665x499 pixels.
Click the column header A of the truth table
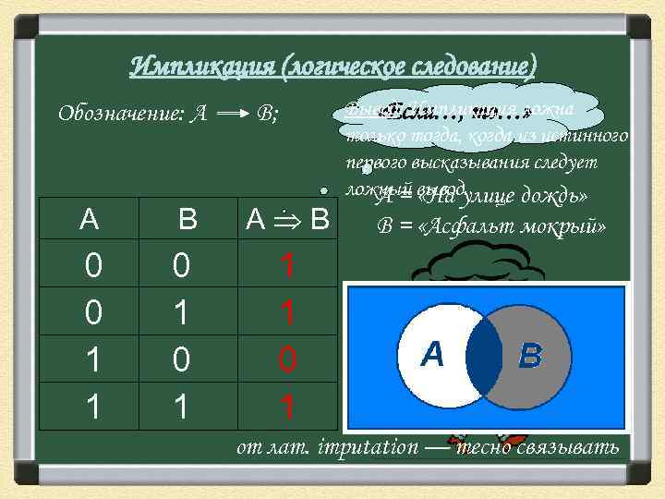pos(90,220)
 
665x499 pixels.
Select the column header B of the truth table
pos(187,220)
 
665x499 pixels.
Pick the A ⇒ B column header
pos(288,220)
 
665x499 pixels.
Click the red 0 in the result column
pos(288,359)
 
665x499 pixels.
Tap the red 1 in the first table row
pos(288,267)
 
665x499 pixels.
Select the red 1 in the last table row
pos(288,406)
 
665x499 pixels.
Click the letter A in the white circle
pos(432,353)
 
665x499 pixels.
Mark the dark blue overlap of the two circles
pos(483,354)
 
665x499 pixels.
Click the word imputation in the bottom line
pos(368,447)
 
